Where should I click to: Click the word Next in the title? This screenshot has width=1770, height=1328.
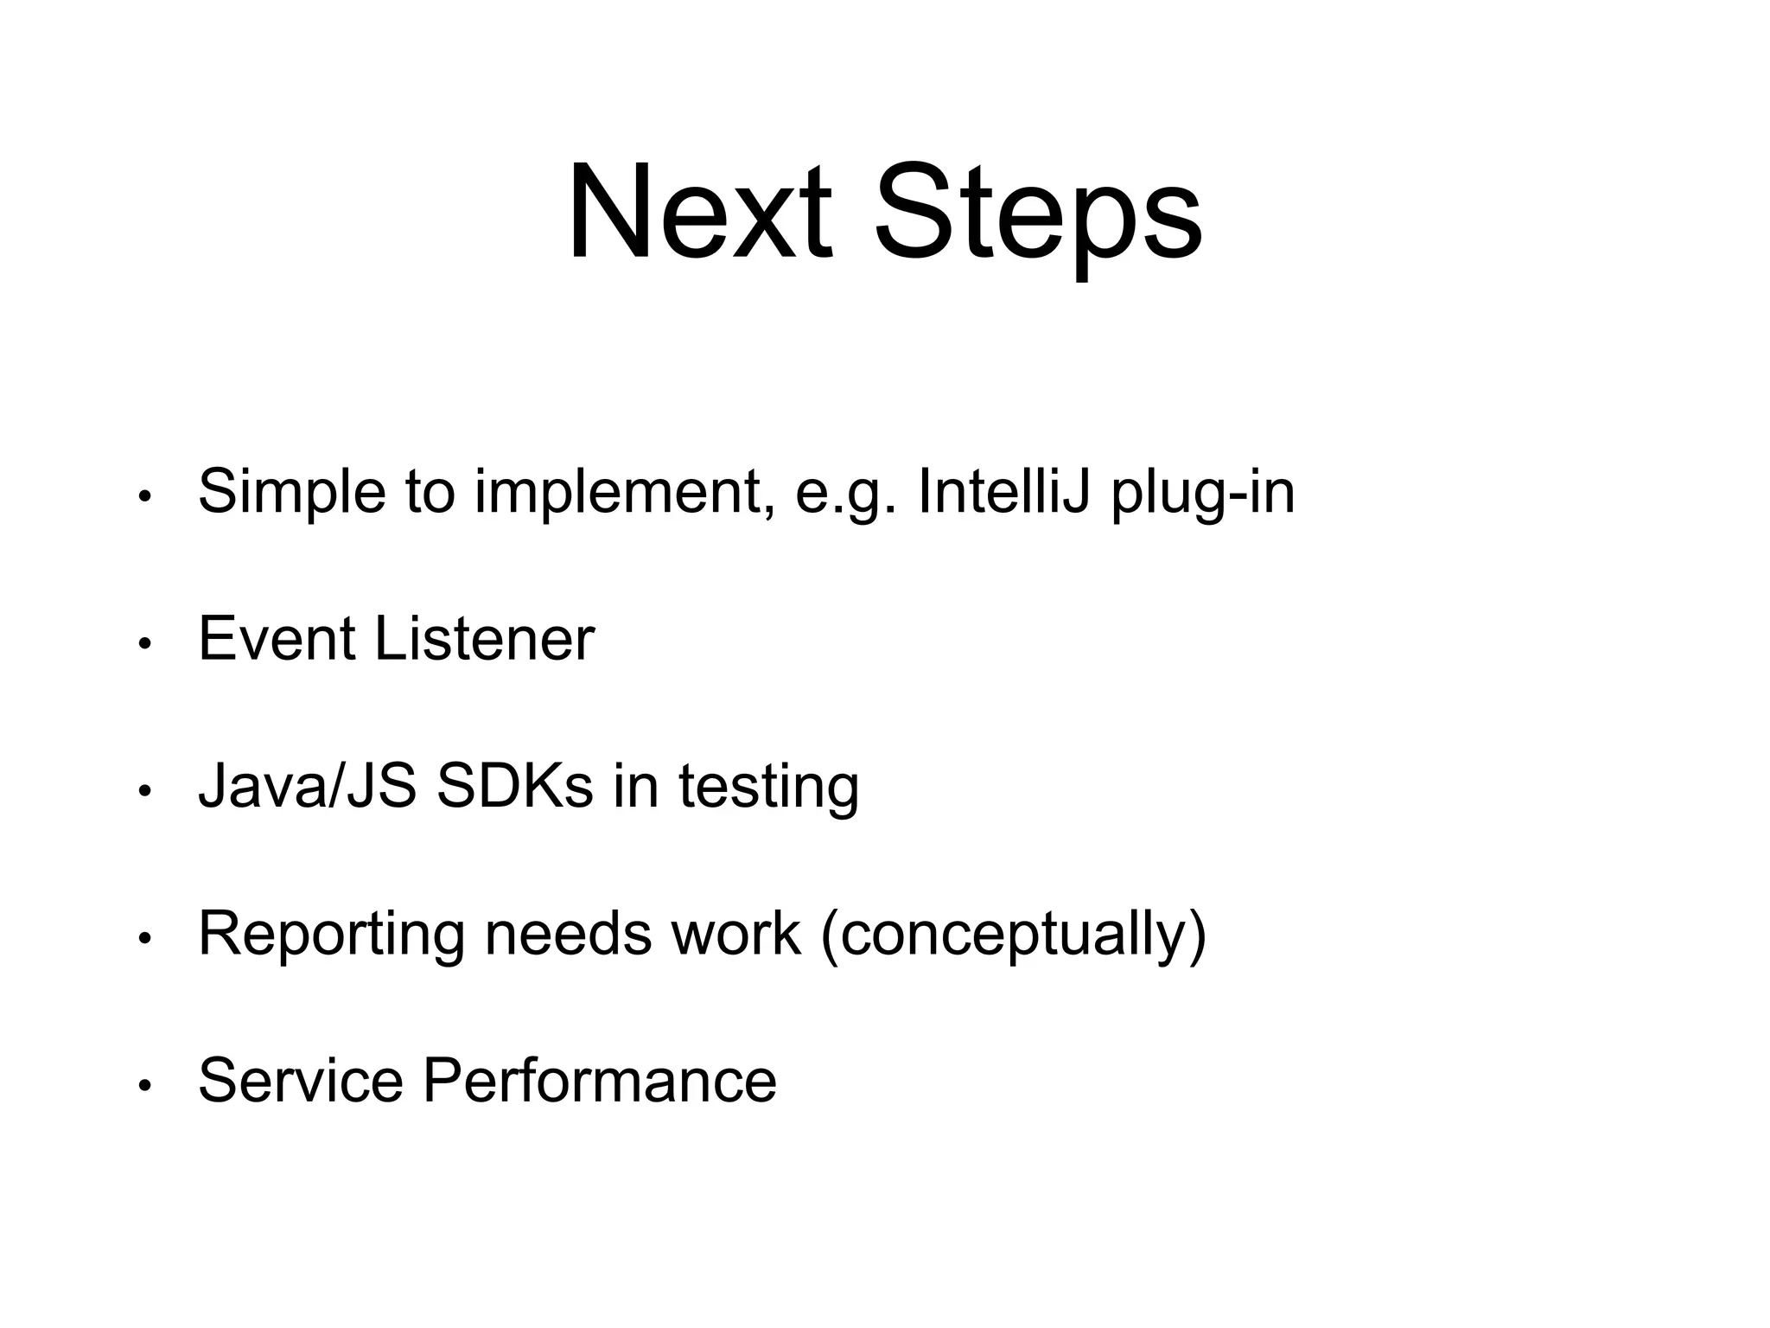click(699, 212)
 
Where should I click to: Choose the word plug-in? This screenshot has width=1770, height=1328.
click(1202, 493)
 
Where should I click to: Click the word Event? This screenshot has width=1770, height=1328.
click(277, 639)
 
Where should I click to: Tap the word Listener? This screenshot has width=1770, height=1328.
click(484, 639)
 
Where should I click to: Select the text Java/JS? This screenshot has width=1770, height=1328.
click(307, 786)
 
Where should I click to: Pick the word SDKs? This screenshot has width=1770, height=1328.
click(515, 786)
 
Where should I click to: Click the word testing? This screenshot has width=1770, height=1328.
click(768, 788)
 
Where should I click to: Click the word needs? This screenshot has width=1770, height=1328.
click(568, 934)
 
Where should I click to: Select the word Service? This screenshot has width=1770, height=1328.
click(300, 1080)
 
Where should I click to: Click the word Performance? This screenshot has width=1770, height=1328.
click(600, 1080)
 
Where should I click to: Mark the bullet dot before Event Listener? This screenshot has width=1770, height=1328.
click(145, 644)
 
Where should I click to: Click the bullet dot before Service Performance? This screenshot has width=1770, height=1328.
click(145, 1085)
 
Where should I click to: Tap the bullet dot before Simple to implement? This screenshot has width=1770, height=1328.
click(145, 497)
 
